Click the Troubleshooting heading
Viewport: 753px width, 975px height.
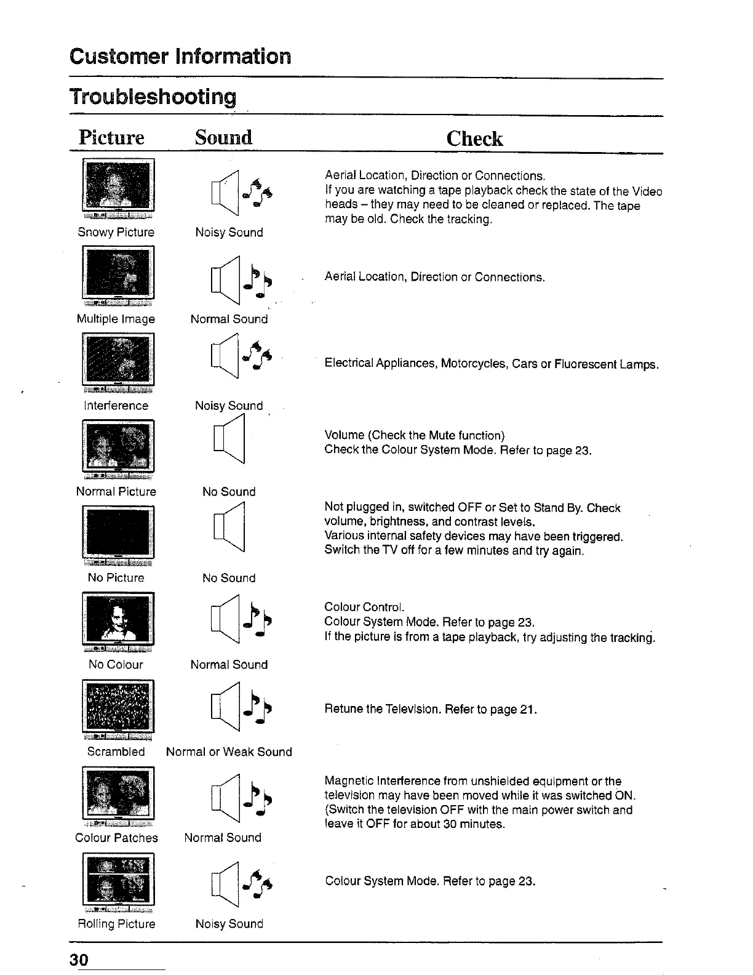(153, 97)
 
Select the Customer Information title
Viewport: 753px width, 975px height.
(180, 56)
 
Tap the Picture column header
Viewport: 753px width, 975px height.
(111, 137)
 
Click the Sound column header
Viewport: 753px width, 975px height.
(223, 137)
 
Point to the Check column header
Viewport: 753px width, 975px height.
(474, 138)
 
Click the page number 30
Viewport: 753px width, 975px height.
(79, 960)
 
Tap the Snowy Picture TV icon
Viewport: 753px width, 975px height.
(118, 187)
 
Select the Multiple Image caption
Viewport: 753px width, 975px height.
(116, 319)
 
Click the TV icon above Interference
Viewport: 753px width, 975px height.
(118, 361)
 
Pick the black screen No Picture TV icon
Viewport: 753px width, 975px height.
(118, 534)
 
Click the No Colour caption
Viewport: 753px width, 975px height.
(116, 664)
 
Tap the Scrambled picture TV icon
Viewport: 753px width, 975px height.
(118, 708)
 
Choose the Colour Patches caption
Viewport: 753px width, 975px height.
(116, 838)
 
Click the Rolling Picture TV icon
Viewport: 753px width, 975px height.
(118, 881)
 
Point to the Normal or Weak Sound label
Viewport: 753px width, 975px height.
(229, 752)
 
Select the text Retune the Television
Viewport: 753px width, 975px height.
(383, 709)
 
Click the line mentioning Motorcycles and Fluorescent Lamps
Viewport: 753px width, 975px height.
(492, 364)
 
